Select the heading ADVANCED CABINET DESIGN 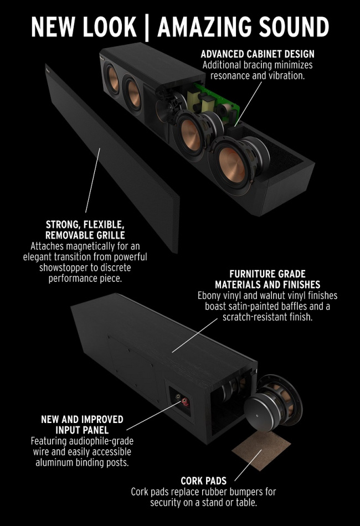tap(258, 54)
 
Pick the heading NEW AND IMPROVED tap(82, 419)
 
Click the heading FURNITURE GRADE tap(268, 274)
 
